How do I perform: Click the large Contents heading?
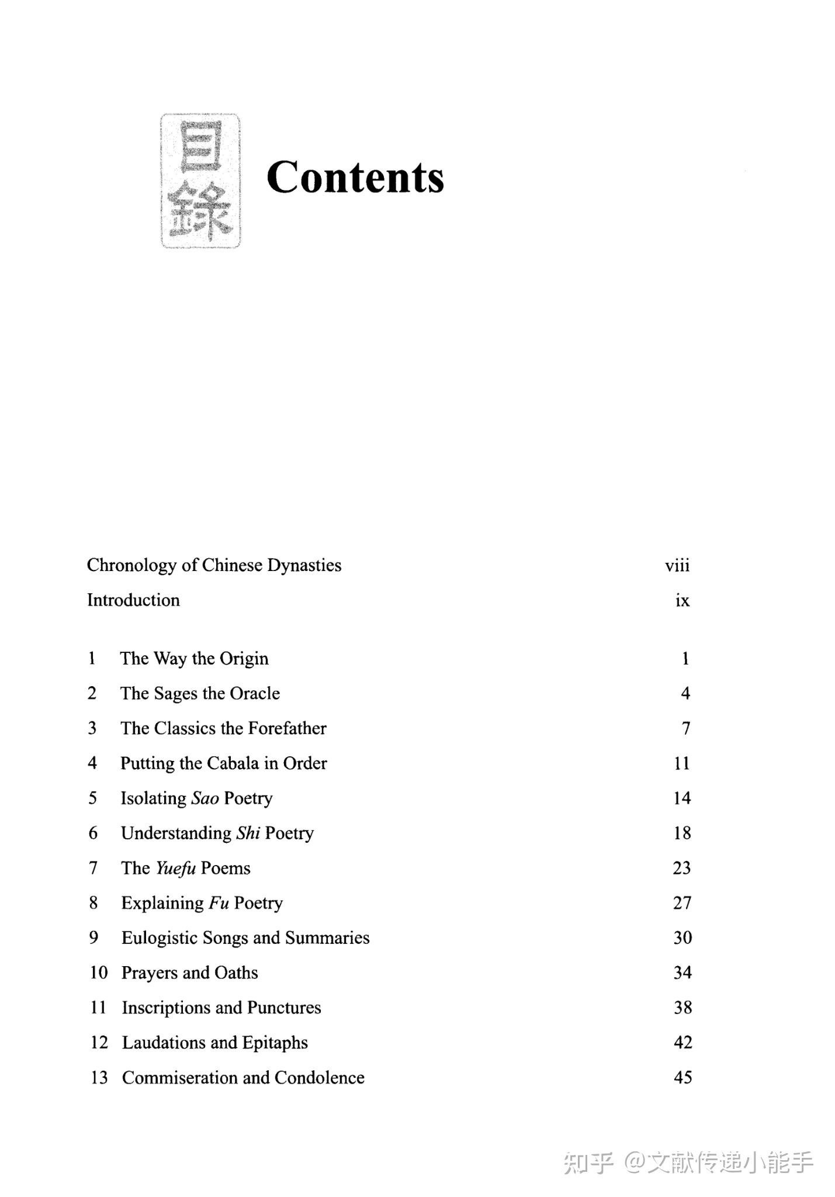(355, 177)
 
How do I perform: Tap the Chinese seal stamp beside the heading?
(200, 181)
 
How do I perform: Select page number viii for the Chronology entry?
(677, 565)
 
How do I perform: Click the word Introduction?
(133, 600)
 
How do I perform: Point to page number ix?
(682, 600)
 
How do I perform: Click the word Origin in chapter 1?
(244, 659)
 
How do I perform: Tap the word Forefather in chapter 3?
(287, 728)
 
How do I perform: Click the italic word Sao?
(205, 798)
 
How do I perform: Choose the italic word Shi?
(248, 833)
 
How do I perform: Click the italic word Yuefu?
(175, 869)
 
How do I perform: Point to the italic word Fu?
(219, 903)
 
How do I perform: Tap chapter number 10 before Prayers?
(99, 973)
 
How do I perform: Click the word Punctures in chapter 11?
(284, 1008)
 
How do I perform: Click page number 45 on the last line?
(682, 1078)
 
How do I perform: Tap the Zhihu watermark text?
(688, 1163)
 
